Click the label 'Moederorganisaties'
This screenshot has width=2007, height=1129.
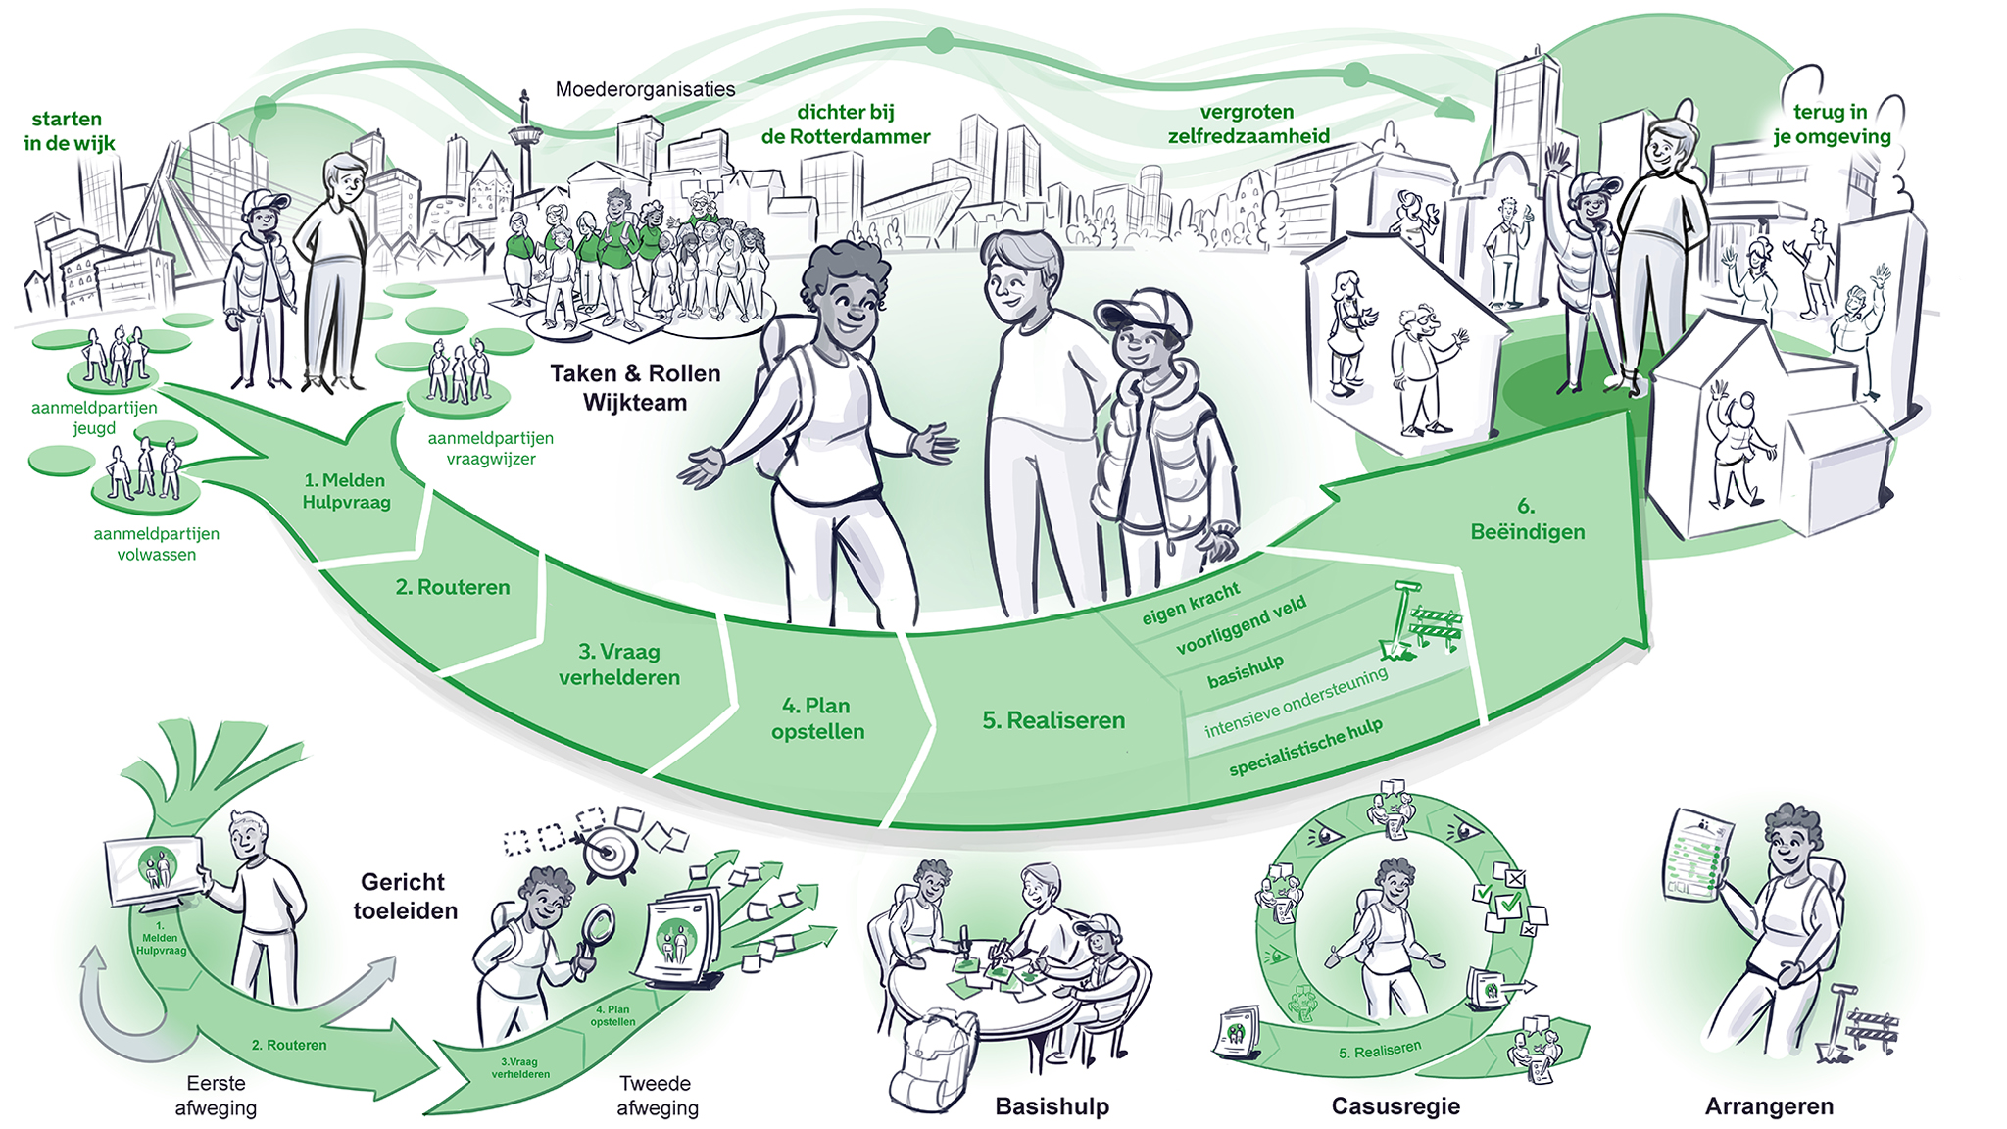[x=645, y=89]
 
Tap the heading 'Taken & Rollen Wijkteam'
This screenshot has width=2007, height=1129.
[x=635, y=387]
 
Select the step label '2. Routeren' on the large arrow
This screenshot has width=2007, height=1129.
[x=453, y=587]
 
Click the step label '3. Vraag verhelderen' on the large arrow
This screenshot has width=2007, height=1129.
[x=619, y=664]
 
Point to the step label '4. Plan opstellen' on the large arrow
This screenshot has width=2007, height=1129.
[x=818, y=718]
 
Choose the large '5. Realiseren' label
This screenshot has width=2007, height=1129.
[x=1053, y=720]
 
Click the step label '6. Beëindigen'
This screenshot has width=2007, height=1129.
[x=1527, y=519]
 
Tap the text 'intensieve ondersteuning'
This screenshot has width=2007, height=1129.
[x=1296, y=702]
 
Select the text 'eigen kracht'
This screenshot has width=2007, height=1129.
[x=1191, y=604]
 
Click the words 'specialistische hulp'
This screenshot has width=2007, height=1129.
[x=1306, y=747]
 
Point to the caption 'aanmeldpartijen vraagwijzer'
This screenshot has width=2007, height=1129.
[x=490, y=448]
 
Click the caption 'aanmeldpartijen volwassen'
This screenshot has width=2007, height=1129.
[x=157, y=544]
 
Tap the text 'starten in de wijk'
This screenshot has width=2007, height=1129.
[x=69, y=131]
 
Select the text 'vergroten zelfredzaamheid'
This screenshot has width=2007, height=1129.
[x=1248, y=124]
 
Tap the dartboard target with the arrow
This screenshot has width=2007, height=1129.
[x=608, y=852]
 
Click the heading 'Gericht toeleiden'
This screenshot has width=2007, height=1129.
[x=406, y=897]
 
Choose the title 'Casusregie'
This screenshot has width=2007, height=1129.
[x=1395, y=1106]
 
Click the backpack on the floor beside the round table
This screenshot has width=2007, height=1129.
[x=934, y=1060]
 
